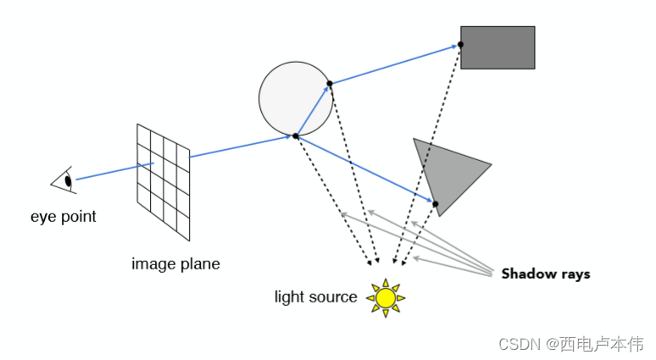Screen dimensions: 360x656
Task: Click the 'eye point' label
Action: [64, 217]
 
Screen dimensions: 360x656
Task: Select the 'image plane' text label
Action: [175, 264]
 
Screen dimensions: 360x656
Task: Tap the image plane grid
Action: [164, 180]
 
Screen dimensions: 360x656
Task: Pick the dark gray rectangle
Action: [498, 47]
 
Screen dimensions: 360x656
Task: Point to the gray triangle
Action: [448, 173]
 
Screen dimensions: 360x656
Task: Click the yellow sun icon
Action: [386, 297]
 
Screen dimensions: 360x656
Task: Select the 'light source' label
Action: [315, 297]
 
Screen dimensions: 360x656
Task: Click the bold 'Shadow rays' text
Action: [545, 274]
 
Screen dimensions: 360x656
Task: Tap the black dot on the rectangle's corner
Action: [462, 44]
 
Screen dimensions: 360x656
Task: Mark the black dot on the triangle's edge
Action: [435, 204]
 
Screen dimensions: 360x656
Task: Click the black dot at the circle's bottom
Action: [295, 136]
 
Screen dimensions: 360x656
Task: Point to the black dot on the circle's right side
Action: [330, 83]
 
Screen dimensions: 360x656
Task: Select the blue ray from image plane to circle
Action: [242, 147]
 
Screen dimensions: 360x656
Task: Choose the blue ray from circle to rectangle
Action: [394, 64]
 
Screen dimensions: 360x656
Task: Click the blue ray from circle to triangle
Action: [364, 169]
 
